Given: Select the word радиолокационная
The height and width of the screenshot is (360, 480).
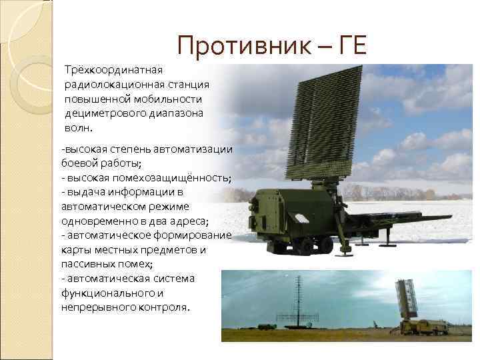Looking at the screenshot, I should pos(109,84).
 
